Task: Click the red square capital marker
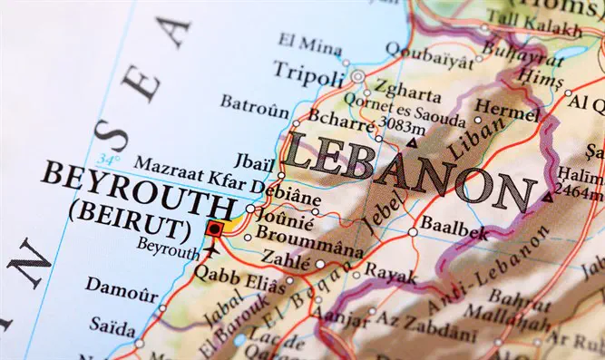click(x=214, y=229)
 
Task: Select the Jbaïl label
click(x=257, y=161)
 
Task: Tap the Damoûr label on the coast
click(x=120, y=287)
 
